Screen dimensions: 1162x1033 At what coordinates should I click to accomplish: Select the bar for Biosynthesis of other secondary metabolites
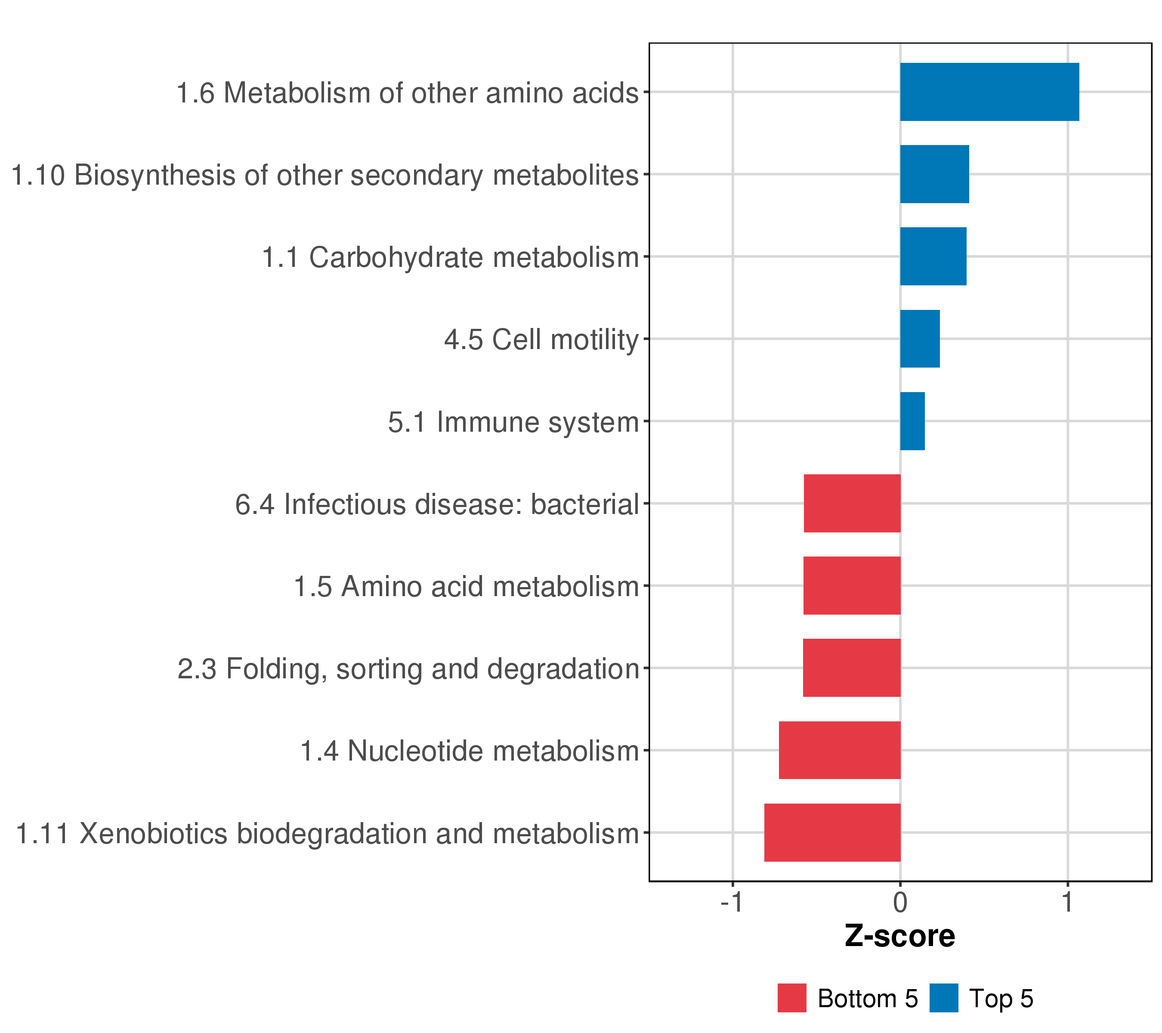[x=935, y=174]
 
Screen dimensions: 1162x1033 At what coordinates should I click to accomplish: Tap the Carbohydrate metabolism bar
[x=933, y=257]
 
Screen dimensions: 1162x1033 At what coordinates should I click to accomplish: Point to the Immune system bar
[x=912, y=421]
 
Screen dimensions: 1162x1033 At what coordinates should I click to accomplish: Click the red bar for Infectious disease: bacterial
[x=852, y=503]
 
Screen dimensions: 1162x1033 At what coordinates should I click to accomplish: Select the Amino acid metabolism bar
[x=852, y=585]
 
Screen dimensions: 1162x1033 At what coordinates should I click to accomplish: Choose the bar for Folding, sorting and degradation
[x=852, y=668]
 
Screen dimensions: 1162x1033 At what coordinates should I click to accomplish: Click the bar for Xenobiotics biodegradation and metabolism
[x=832, y=832]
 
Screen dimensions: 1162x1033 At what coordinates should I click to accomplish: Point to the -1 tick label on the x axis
[x=732, y=902]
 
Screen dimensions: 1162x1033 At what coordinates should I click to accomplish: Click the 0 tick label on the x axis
[x=900, y=902]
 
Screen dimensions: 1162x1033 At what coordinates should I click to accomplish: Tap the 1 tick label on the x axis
[x=1068, y=902]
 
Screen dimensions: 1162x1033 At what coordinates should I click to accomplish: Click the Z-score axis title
[x=900, y=936]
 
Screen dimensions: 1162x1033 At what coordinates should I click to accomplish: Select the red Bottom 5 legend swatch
[x=792, y=998]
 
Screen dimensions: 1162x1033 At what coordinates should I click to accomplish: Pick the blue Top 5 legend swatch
[x=944, y=998]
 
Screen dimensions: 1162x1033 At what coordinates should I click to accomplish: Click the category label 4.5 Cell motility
[x=542, y=340]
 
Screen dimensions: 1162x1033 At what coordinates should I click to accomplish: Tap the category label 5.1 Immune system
[x=514, y=422]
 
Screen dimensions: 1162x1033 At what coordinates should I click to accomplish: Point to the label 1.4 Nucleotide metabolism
[x=470, y=751]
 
